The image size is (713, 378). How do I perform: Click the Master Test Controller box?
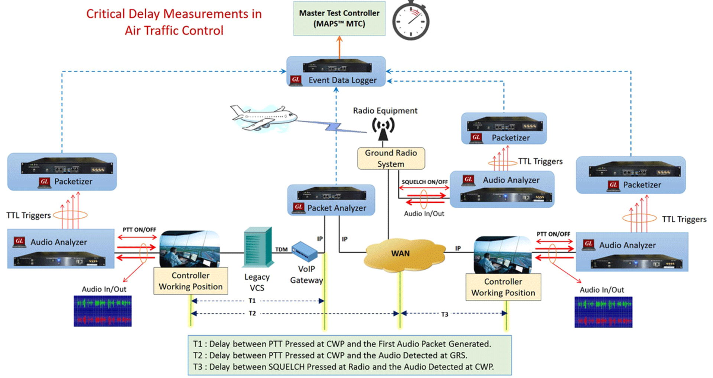pyautogui.click(x=339, y=19)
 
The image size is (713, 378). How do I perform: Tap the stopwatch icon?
pyautogui.click(x=411, y=22)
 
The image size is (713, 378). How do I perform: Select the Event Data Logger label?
pyautogui.click(x=342, y=80)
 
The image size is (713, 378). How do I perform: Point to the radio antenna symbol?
pyautogui.click(x=383, y=128)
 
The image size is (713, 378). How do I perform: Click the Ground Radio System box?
pyautogui.click(x=391, y=158)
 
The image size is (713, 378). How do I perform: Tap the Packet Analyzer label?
pyautogui.click(x=336, y=208)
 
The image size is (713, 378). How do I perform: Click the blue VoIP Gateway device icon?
pyautogui.click(x=304, y=251)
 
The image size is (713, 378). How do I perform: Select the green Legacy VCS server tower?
pyautogui.click(x=257, y=247)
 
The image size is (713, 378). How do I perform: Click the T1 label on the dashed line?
pyautogui.click(x=252, y=301)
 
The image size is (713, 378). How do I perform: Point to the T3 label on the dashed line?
pyautogui.click(x=445, y=314)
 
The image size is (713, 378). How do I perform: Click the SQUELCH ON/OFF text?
pyautogui.click(x=424, y=182)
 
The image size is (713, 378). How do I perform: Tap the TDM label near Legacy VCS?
pyautogui.click(x=281, y=249)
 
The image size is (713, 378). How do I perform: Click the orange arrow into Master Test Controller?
pyautogui.click(x=339, y=47)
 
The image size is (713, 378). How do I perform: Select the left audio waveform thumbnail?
pyautogui.click(x=102, y=311)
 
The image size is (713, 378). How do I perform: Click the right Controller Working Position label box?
pyautogui.click(x=503, y=287)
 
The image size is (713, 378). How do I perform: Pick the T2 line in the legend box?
pyautogui.click(x=330, y=355)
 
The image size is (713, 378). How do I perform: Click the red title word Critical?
pyautogui.click(x=105, y=14)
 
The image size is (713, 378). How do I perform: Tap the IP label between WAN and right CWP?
pyautogui.click(x=458, y=248)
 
